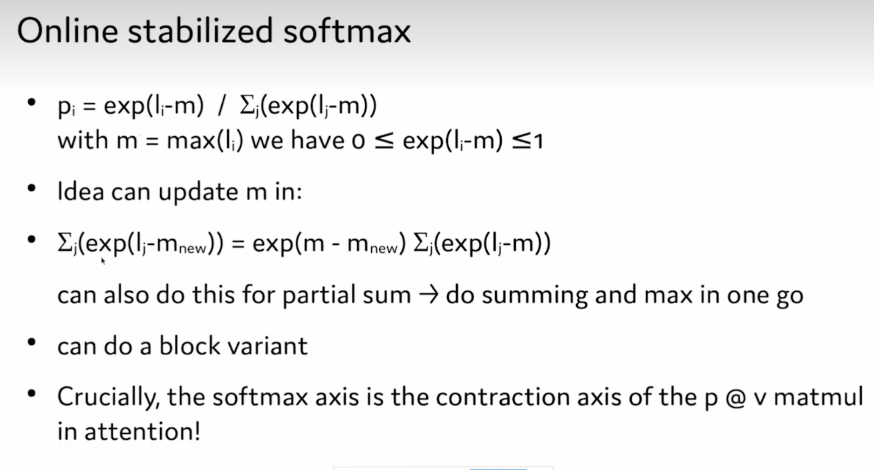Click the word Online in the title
[67, 31]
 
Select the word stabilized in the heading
[200, 31]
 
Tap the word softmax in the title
[347, 31]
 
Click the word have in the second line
[317, 140]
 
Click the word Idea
[80, 191]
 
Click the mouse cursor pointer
[103, 261]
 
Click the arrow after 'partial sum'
[428, 295]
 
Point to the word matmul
[818, 397]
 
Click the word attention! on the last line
[143, 431]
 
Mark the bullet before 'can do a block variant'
[32, 343]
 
